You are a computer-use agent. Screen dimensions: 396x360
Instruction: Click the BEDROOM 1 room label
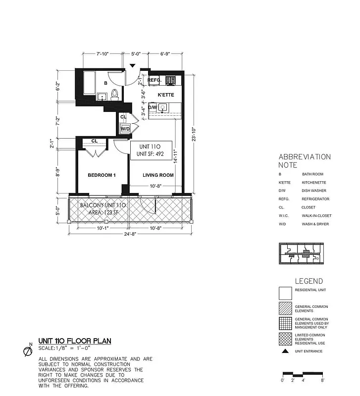[x=102, y=175]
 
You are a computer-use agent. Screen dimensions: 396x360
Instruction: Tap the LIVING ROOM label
[x=158, y=175]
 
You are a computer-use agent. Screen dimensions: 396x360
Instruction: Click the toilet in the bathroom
[x=114, y=94]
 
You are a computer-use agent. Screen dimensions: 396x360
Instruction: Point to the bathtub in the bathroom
[x=90, y=83]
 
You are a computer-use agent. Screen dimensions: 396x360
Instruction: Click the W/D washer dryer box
[x=125, y=129]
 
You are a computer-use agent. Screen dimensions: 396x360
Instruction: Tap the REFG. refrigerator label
[x=155, y=80]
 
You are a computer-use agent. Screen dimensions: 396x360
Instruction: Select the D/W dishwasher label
[x=153, y=107]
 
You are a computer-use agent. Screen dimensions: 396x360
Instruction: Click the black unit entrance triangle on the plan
[x=132, y=65]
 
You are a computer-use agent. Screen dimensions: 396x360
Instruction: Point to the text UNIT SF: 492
[x=151, y=154]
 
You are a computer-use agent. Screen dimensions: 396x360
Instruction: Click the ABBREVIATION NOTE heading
[x=304, y=161]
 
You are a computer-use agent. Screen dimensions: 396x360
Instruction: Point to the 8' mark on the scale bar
[x=323, y=380]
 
